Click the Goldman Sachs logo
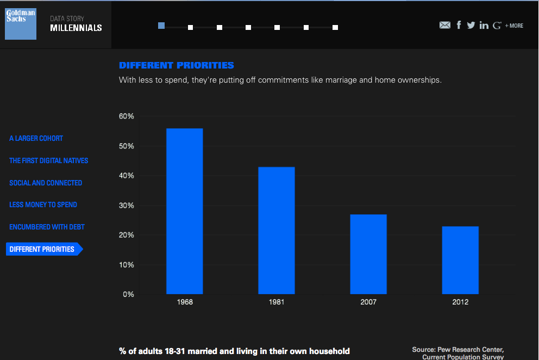click(x=21, y=24)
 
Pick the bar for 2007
click(x=368, y=254)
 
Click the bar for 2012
click(x=460, y=260)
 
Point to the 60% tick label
click(x=127, y=116)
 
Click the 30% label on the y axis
click(x=127, y=206)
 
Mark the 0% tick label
click(x=128, y=295)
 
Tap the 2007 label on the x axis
click(x=368, y=302)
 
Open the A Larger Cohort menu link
click(x=36, y=139)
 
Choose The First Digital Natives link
click(x=48, y=161)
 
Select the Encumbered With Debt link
click(x=47, y=227)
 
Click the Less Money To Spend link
click(x=43, y=205)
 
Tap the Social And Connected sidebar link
click(x=46, y=183)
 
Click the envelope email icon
click(x=445, y=25)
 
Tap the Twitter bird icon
click(x=471, y=25)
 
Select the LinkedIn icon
click(x=484, y=25)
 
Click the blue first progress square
click(x=161, y=26)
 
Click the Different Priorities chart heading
click(x=177, y=65)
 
